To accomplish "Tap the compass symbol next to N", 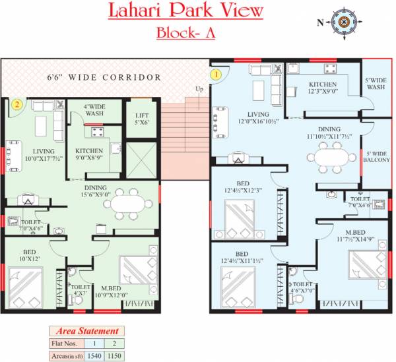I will click(342, 22).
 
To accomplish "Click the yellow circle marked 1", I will click(215, 75).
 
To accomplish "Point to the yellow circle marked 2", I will click(19, 104).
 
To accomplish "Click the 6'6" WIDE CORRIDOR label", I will click(104, 78).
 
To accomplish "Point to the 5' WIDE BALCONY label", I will click(376, 161).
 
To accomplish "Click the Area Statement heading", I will click(86, 331).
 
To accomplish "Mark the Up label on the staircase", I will click(199, 89).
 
